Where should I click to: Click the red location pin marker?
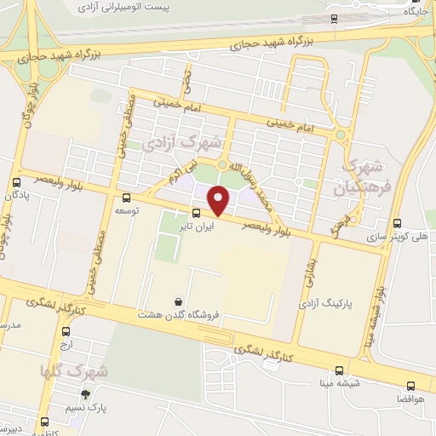click(220, 200)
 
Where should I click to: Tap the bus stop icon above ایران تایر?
click(196, 213)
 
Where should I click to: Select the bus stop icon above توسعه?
click(128, 197)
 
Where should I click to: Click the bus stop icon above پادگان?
click(16, 182)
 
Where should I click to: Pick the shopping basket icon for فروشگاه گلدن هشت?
click(178, 301)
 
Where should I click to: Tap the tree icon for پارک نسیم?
click(85, 393)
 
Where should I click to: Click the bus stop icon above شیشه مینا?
click(340, 370)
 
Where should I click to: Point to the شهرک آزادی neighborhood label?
click(192, 140)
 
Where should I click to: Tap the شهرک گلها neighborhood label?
click(74, 371)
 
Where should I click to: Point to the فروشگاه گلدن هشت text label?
click(179, 314)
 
